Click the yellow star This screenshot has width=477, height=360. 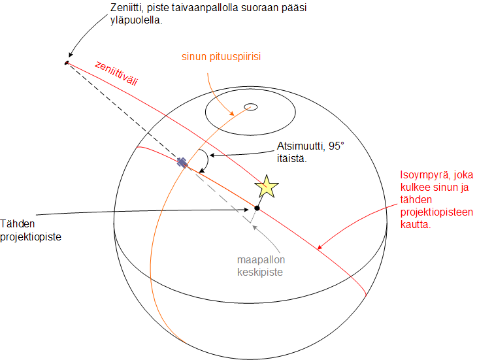coord(267,187)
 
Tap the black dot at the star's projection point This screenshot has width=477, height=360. coord(257,208)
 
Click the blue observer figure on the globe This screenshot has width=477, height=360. coord(182,163)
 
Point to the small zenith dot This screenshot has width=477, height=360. coord(67,63)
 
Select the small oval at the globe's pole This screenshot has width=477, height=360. coord(251,107)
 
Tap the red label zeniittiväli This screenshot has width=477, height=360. coord(116,73)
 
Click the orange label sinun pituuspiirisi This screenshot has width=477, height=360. coord(221,57)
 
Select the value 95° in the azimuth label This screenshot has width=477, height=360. coord(336,146)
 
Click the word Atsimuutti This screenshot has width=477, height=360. coord(301,146)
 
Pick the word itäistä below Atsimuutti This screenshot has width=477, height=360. coord(291,159)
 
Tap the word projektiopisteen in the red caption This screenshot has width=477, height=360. coord(436,212)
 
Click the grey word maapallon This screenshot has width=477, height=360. coord(261,259)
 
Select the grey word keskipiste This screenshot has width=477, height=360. coord(260,272)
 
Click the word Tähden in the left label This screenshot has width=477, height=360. coord(18,224)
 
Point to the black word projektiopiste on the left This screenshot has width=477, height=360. coord(31,237)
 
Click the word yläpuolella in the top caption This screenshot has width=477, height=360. coord(137,20)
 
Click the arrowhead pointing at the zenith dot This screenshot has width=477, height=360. coord(71,55)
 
